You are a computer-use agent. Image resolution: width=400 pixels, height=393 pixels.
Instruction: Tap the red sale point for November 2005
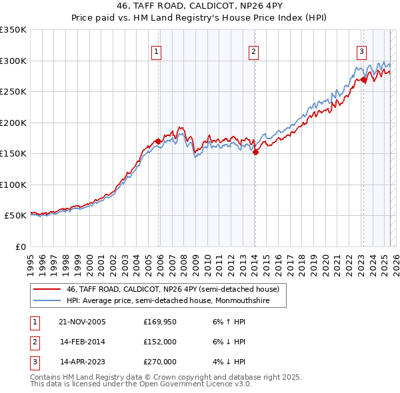coord(158,141)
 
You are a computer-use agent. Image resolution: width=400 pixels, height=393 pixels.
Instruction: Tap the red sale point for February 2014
coord(255,153)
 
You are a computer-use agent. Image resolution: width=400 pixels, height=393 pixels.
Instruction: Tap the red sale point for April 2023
coord(364,79)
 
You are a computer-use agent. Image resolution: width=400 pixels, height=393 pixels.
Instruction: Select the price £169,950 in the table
coord(160,322)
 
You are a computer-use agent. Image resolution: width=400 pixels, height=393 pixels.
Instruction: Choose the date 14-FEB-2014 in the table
coord(83,342)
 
